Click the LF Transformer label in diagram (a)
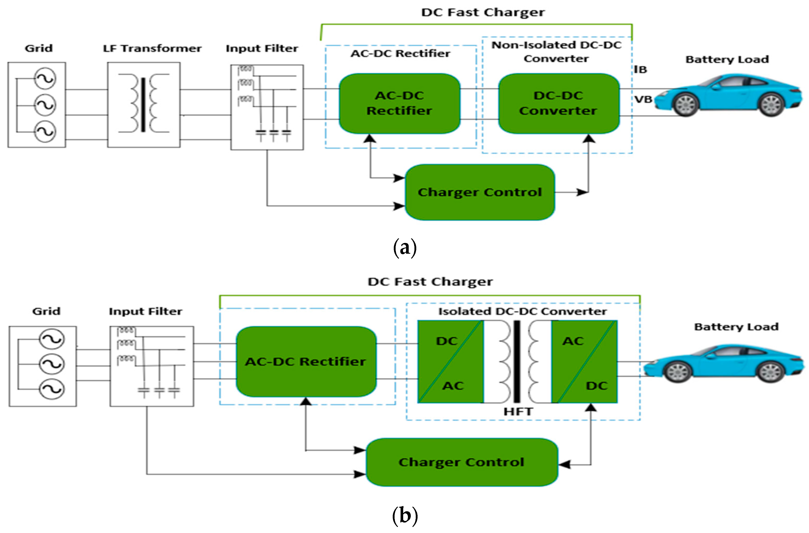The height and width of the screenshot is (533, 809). pos(152,48)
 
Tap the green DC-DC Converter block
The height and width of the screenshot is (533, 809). pos(559,103)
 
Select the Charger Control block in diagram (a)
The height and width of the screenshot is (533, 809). pos(480,192)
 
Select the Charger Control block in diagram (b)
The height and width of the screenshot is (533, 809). pos(461,462)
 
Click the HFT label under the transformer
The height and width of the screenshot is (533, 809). pos(518,412)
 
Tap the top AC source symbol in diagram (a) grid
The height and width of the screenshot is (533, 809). pos(45,78)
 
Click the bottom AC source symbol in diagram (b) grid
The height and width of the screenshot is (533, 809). pos(51,389)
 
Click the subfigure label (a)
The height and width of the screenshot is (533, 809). pos(404,248)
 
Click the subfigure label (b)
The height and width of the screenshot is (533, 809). pos(404,516)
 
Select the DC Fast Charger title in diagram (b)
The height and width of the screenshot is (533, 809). pos(430,282)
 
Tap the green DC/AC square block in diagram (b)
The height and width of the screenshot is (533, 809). pos(450,362)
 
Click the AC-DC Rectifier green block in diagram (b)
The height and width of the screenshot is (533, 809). pos(306,362)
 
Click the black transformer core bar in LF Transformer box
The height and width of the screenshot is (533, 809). pos(143,104)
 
